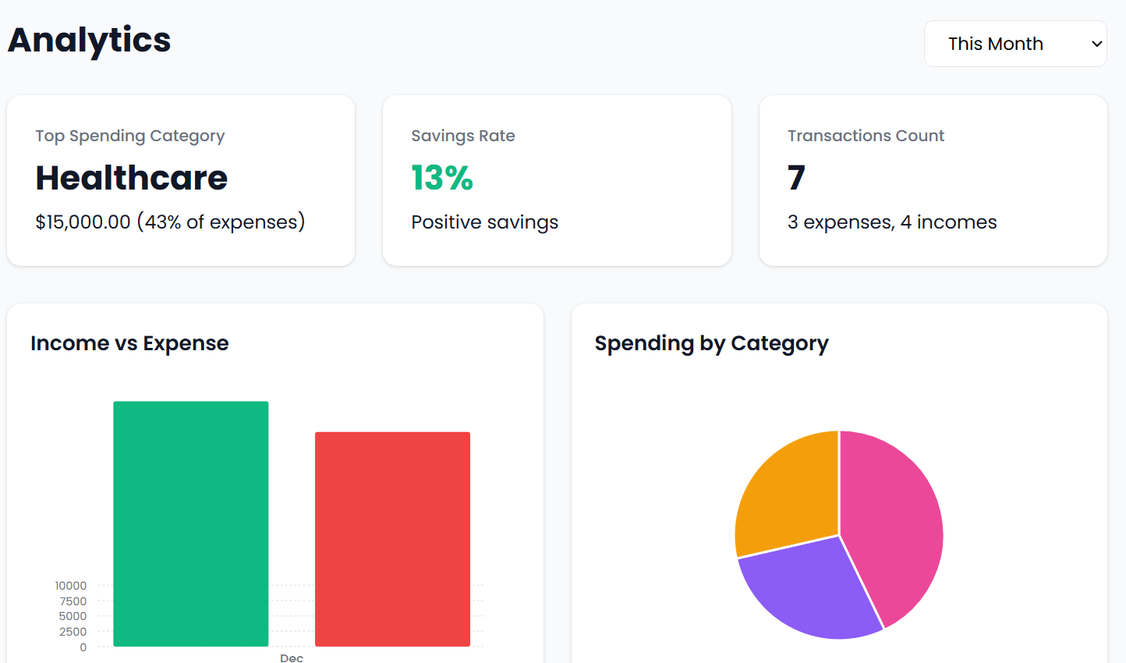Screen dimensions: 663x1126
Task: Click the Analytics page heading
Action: (89, 41)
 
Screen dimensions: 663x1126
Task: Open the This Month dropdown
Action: (1014, 44)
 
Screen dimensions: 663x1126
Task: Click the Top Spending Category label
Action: (129, 136)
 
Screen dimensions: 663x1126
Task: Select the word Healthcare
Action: (131, 178)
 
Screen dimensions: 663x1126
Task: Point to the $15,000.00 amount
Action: (83, 222)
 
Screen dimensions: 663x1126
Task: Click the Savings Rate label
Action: (462, 136)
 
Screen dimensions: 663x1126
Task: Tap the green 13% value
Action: (441, 178)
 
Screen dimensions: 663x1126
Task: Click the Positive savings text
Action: (484, 222)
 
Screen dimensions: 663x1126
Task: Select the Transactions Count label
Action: (865, 136)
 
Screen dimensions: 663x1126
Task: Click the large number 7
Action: (795, 178)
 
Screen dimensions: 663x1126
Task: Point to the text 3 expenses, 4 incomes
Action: (891, 222)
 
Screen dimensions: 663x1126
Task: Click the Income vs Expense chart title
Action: (129, 343)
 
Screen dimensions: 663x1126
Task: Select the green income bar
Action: (191, 523)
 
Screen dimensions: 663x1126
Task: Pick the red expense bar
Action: (392, 538)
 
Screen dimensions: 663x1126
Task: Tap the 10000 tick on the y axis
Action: (71, 586)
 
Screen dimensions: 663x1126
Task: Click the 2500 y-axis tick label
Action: (73, 632)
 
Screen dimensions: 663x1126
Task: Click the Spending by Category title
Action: (711, 343)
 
